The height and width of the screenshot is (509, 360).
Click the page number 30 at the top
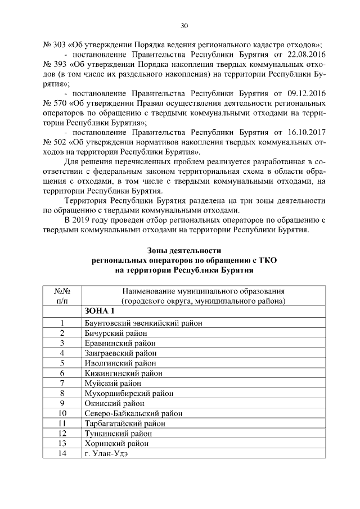184,25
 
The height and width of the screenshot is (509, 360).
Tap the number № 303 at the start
54,44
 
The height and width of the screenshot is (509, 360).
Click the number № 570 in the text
54,103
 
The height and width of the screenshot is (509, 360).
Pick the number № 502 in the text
54,143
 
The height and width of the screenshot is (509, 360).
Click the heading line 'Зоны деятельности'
184,250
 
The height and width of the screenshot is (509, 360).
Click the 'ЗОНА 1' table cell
100,312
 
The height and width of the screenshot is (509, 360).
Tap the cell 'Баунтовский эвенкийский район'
143,323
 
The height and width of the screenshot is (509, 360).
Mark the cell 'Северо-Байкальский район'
133,413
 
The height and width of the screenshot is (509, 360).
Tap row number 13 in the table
62,443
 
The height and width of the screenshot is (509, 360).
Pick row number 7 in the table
62,383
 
